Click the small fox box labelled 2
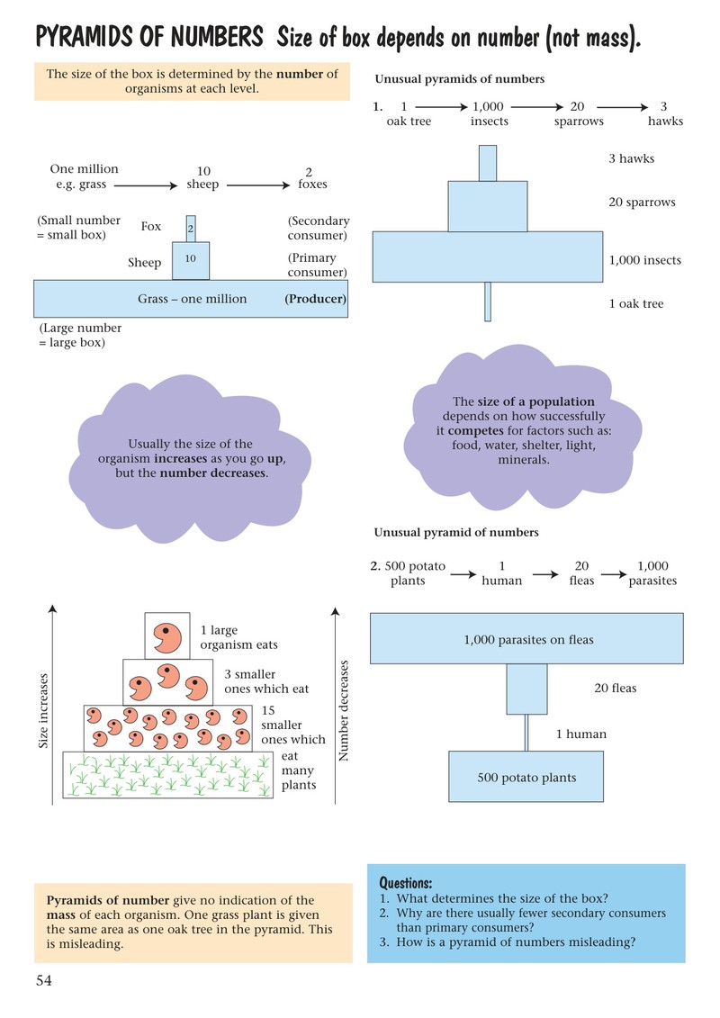pos(191,229)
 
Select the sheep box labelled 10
pos(190,260)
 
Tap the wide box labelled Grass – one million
pos(191,299)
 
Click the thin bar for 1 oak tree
pos(488,302)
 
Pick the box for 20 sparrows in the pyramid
pos(488,206)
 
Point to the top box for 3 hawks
pos(488,163)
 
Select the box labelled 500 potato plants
pos(526,777)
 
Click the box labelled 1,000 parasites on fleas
pos(526,638)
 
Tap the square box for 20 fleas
pos(526,689)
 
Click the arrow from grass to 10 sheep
pos(146,185)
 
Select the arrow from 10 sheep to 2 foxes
pos(258,185)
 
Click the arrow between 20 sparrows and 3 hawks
pos(623,107)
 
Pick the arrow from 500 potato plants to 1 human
pos(463,574)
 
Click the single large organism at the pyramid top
pos(166,637)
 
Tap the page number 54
pos(43,980)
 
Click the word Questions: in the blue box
pos(405,883)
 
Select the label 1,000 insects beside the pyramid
pos(644,260)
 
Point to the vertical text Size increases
pos(43,710)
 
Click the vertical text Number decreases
pos(344,710)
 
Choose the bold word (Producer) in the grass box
pos(316,299)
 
